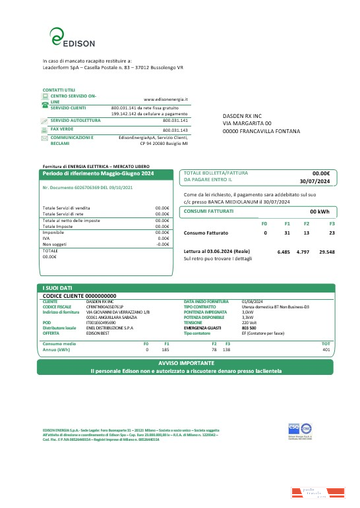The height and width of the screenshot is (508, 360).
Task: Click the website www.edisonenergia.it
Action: click(x=165, y=99)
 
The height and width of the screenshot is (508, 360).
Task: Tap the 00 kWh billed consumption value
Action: click(x=319, y=212)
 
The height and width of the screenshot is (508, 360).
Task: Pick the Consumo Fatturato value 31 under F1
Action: click(x=287, y=233)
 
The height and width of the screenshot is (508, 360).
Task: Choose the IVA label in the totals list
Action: click(x=45, y=238)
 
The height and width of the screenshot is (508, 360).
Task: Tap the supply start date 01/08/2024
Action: click(x=253, y=302)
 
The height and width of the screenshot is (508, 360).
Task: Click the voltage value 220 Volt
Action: click(x=249, y=323)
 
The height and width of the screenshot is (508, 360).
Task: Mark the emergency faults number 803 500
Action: click(x=249, y=328)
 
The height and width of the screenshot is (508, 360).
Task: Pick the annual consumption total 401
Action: click(x=326, y=349)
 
